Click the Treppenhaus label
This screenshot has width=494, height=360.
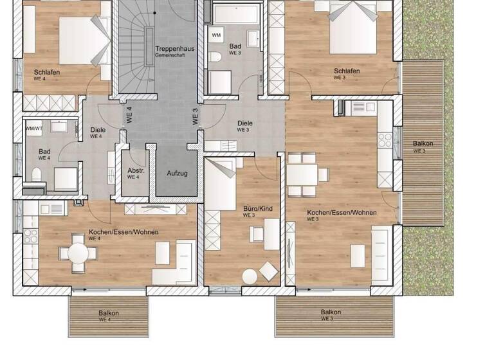click(170, 50)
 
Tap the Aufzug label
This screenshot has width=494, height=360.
click(177, 173)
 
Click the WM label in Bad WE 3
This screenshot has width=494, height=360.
click(217, 35)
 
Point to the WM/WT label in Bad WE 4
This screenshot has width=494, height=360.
click(33, 128)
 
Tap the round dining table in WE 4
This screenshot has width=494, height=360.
click(78, 253)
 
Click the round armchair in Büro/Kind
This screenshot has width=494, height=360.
click(250, 275)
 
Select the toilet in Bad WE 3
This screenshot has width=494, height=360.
click(215, 59)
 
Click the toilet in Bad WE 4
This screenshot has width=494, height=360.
click(37, 174)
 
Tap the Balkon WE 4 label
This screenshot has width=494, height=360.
click(109, 315)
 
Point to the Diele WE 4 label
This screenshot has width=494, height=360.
click(97, 131)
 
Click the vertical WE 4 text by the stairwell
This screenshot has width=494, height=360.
click(129, 115)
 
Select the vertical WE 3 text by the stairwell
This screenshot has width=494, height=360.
click(196, 116)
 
